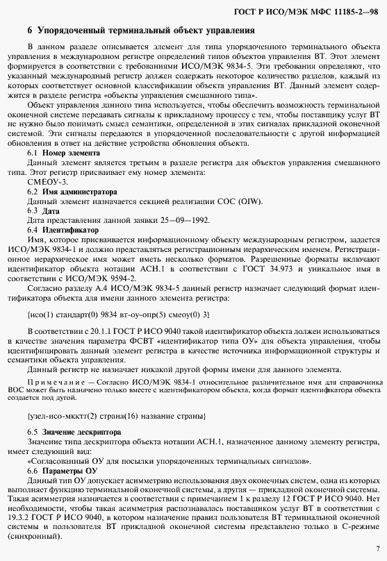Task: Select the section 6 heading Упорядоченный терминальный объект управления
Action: coord(143,31)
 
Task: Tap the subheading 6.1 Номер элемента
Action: coord(59,152)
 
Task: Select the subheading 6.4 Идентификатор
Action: coord(63,229)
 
